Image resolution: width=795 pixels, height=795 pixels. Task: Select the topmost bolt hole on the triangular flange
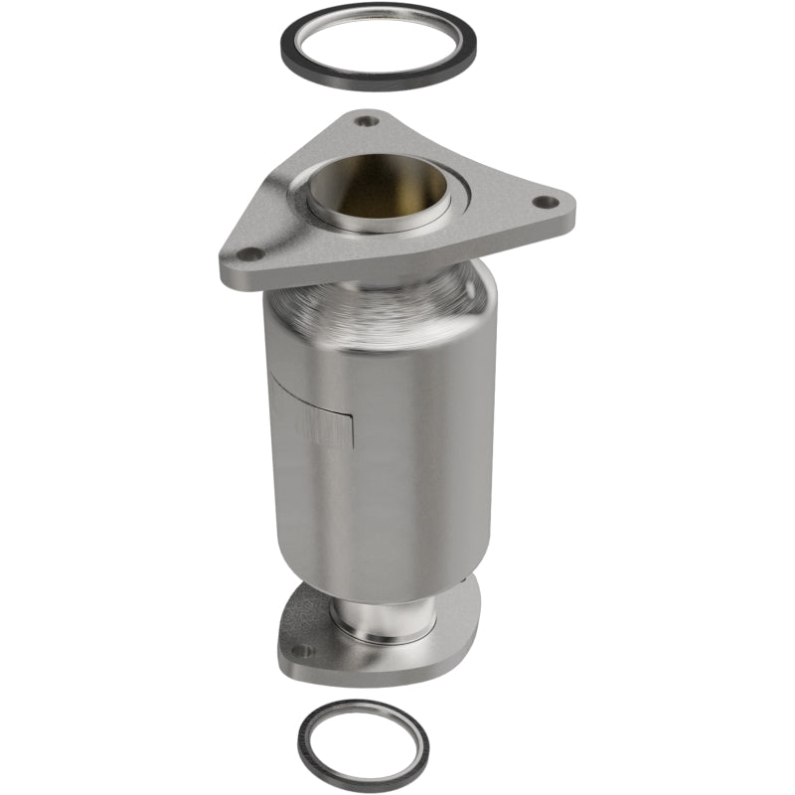tap(368, 122)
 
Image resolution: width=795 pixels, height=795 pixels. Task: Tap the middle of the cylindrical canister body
tap(397, 447)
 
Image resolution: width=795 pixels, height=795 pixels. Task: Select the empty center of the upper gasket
tap(378, 45)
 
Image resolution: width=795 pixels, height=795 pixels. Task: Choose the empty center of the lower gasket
tap(363, 740)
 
